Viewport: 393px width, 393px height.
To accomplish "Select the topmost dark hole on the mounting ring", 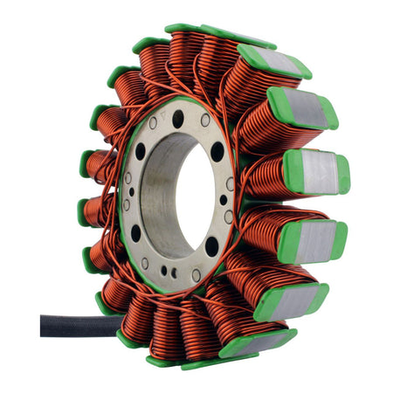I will coord(178,116).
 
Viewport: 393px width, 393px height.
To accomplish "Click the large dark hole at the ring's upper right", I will coord(217,152).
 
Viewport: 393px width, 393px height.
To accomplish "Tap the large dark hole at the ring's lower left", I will coord(135,233).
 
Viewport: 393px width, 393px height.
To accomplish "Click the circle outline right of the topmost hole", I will coord(205,120).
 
